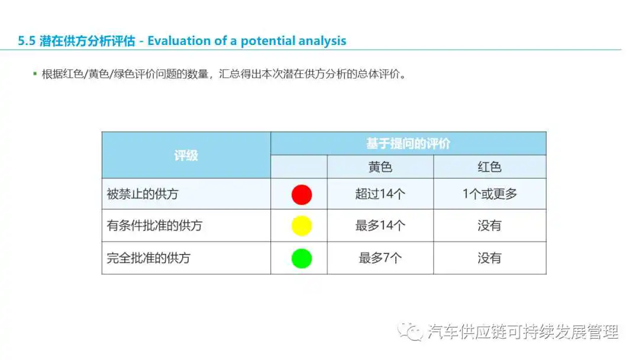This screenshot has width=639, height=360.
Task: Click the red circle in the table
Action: click(302, 194)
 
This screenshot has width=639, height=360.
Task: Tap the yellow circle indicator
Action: click(302, 226)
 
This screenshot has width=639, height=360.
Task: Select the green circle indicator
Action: click(302, 259)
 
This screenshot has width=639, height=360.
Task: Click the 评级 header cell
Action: click(186, 155)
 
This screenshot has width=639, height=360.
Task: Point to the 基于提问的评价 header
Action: click(408, 143)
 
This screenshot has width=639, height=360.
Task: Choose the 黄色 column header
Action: click(380, 167)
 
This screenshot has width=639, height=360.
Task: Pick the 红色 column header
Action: click(489, 167)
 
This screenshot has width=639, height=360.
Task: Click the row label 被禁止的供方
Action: click(143, 194)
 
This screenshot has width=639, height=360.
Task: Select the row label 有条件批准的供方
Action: click(154, 226)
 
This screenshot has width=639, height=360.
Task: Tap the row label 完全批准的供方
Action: click(149, 258)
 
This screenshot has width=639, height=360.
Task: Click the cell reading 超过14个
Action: click(380, 194)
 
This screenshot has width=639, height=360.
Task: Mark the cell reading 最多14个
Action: click(380, 226)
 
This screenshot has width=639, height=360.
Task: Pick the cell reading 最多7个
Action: click(380, 258)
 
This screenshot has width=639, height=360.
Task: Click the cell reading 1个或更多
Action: click(489, 194)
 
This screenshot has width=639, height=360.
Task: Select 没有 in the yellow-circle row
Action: click(489, 226)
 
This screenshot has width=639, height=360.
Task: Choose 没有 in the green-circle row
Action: click(489, 258)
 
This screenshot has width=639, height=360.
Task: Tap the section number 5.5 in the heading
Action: click(27, 41)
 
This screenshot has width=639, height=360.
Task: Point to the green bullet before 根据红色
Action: click(35, 74)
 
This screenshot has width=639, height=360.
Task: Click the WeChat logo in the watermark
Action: click(411, 332)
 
